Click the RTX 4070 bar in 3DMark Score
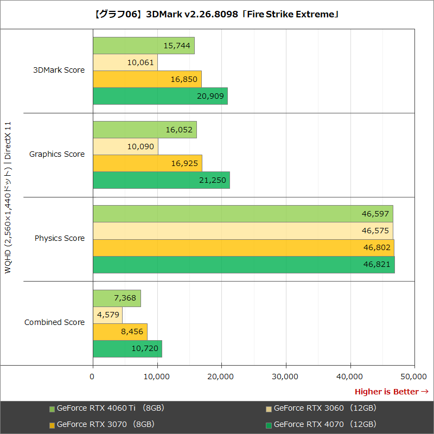tap(160, 96)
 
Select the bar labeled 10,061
tap(125, 62)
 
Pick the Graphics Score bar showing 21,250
tap(161, 180)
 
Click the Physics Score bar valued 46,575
tap(242, 231)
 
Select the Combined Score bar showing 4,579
tap(107, 315)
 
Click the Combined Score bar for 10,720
tap(127, 348)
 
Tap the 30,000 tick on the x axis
tap(286, 376)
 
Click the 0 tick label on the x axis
tap(93, 376)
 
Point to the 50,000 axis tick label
tap(414, 376)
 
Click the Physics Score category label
tap(60, 238)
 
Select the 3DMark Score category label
tap(59, 70)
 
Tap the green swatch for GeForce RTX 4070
tap(269, 425)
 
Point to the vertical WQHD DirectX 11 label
tap(8, 198)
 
